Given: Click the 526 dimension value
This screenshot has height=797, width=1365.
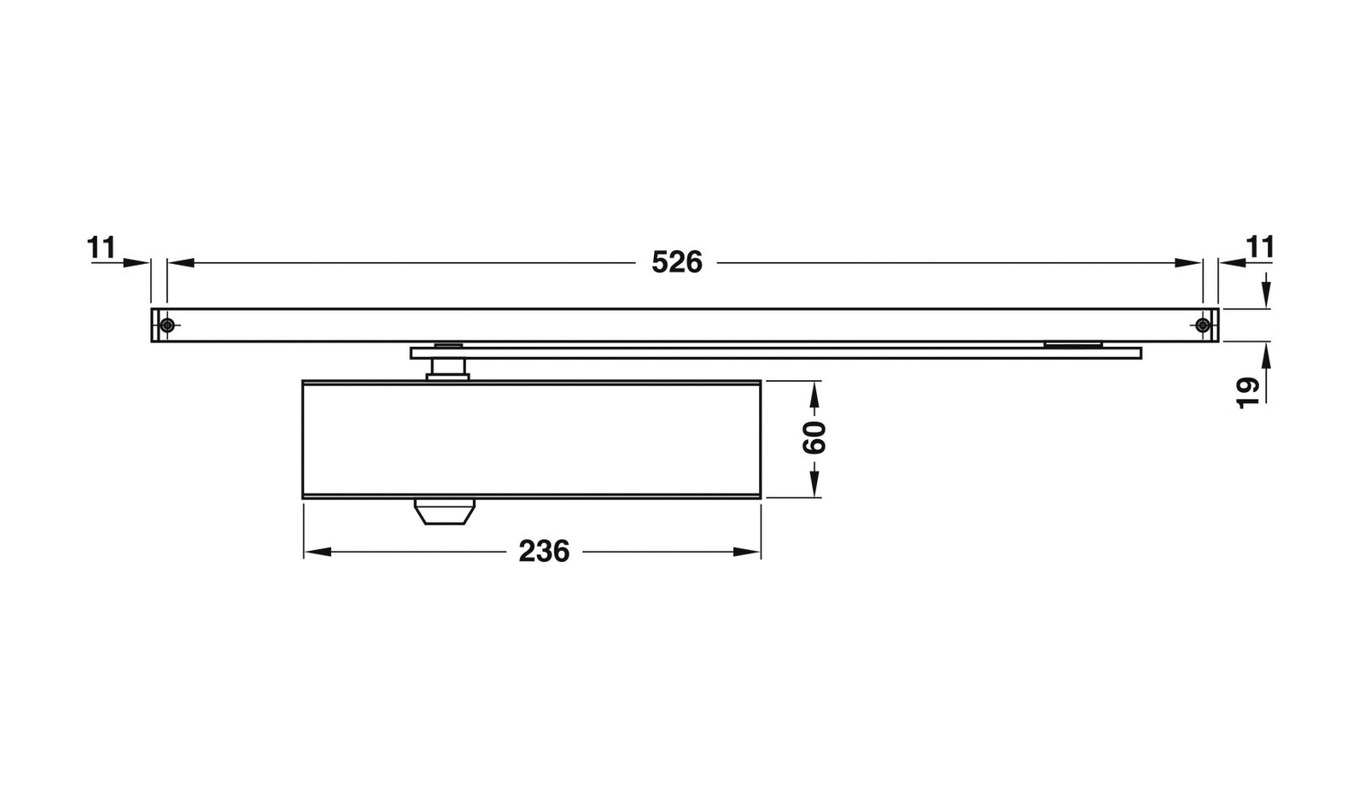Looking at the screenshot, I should point(676,262).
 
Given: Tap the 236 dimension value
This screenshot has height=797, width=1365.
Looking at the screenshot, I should point(544,552).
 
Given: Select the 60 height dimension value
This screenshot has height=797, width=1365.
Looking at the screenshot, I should point(815,438).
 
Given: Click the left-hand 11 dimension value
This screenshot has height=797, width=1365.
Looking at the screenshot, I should point(101,248).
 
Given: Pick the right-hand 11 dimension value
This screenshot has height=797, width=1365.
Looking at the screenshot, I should point(1260,248).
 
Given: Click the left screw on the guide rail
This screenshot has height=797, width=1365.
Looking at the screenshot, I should point(168,325).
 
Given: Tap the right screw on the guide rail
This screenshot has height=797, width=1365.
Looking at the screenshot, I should point(1202,325).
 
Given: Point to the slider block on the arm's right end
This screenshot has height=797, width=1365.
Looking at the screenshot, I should point(1072,344).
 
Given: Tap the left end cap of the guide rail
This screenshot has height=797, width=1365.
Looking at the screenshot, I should point(156,325).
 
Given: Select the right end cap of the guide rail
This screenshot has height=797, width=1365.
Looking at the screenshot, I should point(1213,325).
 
